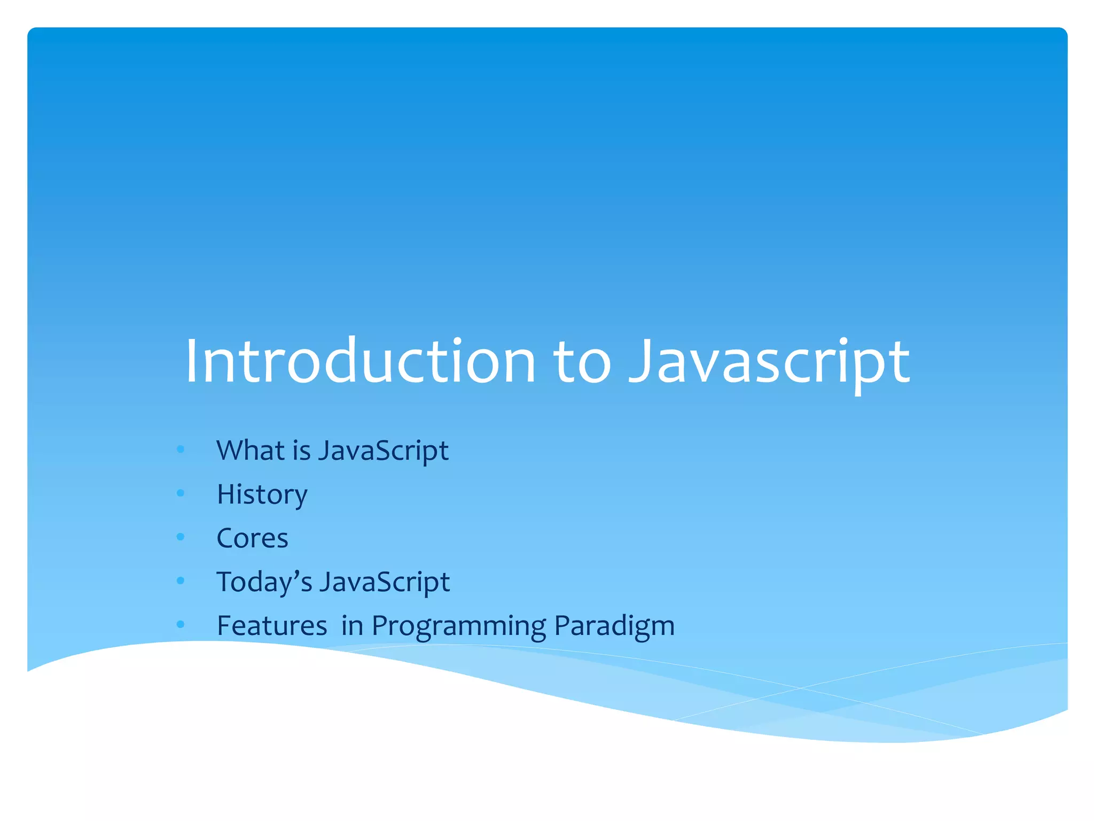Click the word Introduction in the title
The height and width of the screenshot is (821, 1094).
(360, 361)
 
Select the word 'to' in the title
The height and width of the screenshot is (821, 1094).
(581, 361)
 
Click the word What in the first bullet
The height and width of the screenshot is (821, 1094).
(250, 450)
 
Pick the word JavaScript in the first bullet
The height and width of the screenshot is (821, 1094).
(383, 450)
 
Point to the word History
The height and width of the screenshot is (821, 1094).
(262, 494)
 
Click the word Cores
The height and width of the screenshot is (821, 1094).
(252, 538)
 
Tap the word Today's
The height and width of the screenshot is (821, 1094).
(264, 582)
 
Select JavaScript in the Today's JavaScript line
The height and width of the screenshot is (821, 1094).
(384, 582)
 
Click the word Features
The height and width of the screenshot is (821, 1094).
(272, 625)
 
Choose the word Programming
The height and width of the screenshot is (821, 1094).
(459, 625)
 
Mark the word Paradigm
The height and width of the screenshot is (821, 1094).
(614, 625)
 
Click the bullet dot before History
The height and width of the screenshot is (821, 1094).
(181, 493)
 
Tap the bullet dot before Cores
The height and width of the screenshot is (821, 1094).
(181, 537)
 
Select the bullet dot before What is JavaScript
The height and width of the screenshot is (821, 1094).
(181, 449)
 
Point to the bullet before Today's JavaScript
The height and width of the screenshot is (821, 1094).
(181, 580)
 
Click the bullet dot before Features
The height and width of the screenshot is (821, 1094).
(181, 624)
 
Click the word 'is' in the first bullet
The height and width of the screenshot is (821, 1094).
(301, 450)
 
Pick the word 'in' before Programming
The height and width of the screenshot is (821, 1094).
(352, 625)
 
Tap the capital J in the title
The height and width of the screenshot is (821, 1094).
(640, 361)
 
